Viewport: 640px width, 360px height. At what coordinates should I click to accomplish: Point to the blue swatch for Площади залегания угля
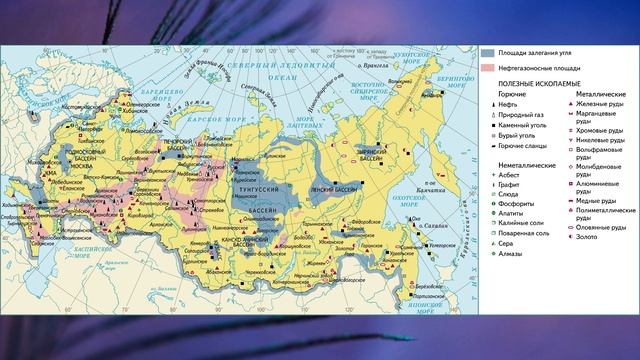click(x=486, y=50)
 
